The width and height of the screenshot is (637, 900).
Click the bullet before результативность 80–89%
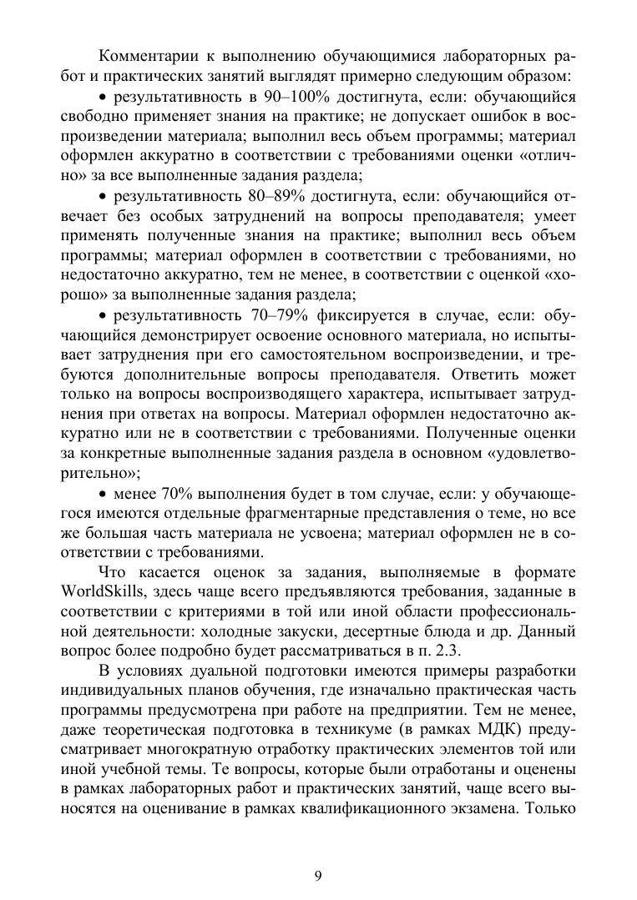(103, 198)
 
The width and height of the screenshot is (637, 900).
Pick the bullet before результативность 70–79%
(103, 316)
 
